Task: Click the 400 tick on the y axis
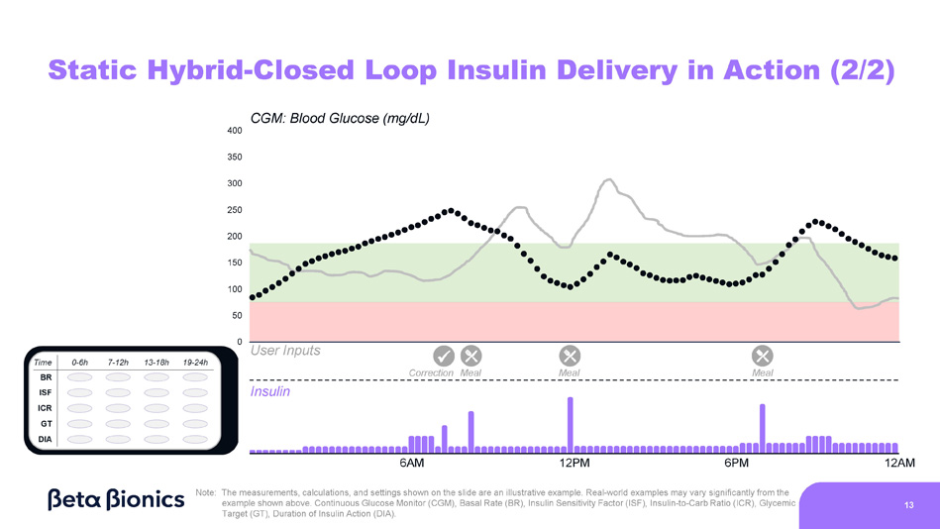[234, 131]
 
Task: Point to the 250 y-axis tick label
[234, 210]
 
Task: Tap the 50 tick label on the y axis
[236, 316]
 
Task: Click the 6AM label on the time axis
[412, 463]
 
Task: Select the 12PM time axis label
[574, 463]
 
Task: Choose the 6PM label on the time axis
[736, 463]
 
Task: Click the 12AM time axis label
[899, 463]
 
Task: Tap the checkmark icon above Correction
[445, 355]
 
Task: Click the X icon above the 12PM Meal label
[570, 355]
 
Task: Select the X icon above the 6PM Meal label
[763, 355]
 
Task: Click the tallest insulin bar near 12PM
[571, 424]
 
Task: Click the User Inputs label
[285, 351]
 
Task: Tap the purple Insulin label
[270, 391]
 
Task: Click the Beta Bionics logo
[116, 498]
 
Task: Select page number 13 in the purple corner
[908, 505]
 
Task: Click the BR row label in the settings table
[46, 377]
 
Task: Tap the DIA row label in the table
[46, 438]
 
